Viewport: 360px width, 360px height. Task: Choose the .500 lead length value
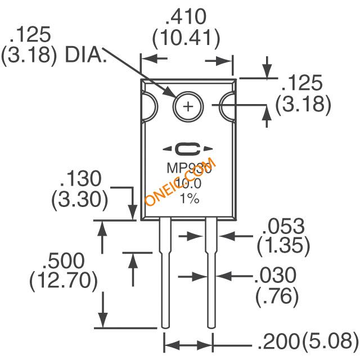point(65,260)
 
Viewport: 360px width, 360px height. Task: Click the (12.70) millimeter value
point(65,280)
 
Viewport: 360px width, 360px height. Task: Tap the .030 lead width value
point(275,275)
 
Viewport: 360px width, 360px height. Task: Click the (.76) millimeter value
point(276,296)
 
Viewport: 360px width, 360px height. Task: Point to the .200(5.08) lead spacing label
point(307,341)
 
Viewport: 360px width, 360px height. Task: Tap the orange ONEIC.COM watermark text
point(179,182)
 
